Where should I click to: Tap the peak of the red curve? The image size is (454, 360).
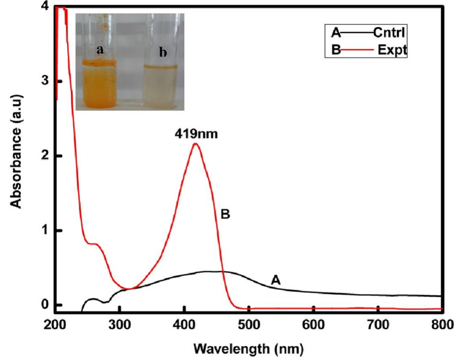(x=195, y=144)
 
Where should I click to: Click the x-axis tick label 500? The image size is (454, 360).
(x=249, y=325)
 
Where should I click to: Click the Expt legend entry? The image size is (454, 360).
(x=392, y=51)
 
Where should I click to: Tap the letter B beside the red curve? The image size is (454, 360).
(x=225, y=215)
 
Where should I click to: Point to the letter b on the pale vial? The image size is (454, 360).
(x=162, y=53)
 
